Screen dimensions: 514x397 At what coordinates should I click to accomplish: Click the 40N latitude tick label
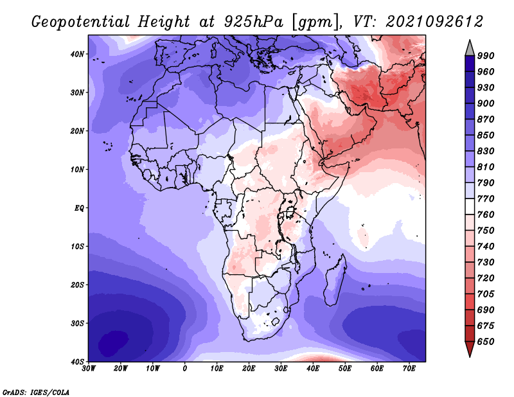tap(77, 54)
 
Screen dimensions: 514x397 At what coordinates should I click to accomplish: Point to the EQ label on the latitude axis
tap(79, 208)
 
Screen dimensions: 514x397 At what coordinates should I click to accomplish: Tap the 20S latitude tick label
tap(77, 285)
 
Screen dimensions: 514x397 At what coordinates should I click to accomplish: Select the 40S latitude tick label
tap(77, 362)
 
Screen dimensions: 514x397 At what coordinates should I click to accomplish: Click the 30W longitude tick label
tap(89, 369)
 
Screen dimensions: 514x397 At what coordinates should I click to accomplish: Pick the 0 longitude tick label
tap(185, 369)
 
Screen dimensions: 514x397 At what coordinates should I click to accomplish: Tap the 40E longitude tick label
tap(313, 369)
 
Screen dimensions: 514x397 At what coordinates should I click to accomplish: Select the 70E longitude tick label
tap(409, 369)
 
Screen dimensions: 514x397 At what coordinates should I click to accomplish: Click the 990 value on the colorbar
tap(486, 56)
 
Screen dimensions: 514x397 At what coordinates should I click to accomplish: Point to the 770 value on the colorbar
tap(486, 198)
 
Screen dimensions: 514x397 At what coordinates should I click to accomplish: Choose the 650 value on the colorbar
tap(486, 342)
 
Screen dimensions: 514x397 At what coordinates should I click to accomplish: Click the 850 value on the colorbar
tap(486, 135)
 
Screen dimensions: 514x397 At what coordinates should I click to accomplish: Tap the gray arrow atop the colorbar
tap(470, 49)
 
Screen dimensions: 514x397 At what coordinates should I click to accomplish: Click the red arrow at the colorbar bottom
tap(470, 348)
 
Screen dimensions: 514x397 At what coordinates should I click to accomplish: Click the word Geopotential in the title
tap(81, 22)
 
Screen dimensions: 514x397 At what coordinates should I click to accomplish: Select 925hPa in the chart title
tap(254, 22)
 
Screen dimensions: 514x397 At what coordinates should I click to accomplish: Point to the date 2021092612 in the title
tap(435, 22)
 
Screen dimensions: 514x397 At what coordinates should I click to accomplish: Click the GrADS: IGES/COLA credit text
tap(36, 393)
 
